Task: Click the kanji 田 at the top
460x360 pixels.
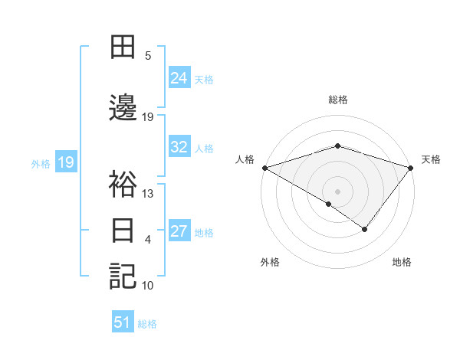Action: (123, 47)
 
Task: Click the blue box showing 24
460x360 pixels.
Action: (179, 77)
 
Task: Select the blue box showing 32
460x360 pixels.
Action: (179, 147)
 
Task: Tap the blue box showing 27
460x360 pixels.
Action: (179, 231)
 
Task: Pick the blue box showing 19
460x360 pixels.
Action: (65, 162)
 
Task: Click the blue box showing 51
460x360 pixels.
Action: (123, 322)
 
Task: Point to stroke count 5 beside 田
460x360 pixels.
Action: (148, 56)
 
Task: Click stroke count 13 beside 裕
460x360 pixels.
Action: (148, 194)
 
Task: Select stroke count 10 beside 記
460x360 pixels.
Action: (148, 286)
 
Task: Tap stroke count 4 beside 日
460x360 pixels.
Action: (148, 240)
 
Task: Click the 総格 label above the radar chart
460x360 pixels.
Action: (338, 100)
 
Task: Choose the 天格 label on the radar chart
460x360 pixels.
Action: (432, 159)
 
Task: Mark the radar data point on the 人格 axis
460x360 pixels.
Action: (264, 168)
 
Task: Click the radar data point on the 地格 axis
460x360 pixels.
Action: (365, 229)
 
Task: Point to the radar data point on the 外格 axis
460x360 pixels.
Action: (329, 204)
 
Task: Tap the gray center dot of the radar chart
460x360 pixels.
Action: (337, 191)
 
